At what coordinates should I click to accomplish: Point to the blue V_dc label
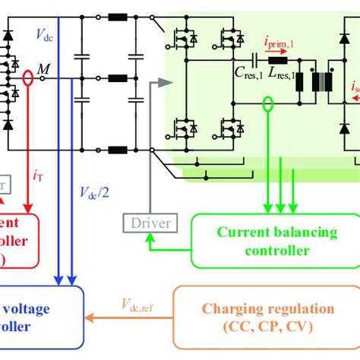(46, 33)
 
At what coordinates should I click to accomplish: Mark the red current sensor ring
(29, 77)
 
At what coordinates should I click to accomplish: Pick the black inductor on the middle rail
(118, 77)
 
